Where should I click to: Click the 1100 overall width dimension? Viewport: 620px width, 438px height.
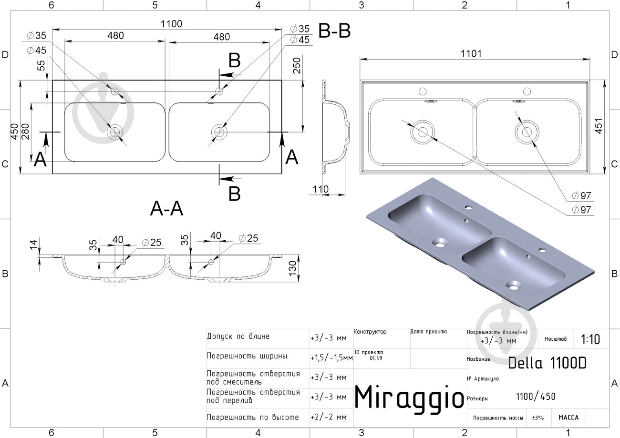pyautogui.click(x=172, y=24)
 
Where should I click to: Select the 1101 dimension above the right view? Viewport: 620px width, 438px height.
pyautogui.click(x=471, y=53)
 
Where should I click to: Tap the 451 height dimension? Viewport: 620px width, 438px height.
pyautogui.click(x=599, y=126)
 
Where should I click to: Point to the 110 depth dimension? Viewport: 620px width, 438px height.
pyautogui.click(x=320, y=189)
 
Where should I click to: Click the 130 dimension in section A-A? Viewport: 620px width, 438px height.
pyautogui.click(x=292, y=268)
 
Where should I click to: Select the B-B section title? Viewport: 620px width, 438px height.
pyautogui.click(x=334, y=31)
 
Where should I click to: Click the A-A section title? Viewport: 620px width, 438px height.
pyautogui.click(x=166, y=208)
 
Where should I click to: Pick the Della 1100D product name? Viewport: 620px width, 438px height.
pyautogui.click(x=547, y=363)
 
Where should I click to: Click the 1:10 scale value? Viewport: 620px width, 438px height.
pyautogui.click(x=590, y=339)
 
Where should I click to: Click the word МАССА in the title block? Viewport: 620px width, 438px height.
pyautogui.click(x=568, y=418)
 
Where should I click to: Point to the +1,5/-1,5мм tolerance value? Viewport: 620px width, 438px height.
pyautogui.click(x=331, y=358)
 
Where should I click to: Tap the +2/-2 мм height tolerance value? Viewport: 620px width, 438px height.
pyautogui.click(x=329, y=417)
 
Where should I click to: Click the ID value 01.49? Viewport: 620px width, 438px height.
pyautogui.click(x=376, y=358)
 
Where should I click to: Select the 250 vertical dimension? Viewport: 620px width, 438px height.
pyautogui.click(x=297, y=66)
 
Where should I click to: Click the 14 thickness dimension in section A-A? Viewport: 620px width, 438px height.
pyautogui.click(x=33, y=244)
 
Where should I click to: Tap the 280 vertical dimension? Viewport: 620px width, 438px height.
pyautogui.click(x=25, y=132)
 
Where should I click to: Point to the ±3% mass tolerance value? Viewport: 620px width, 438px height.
pyautogui.click(x=538, y=418)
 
